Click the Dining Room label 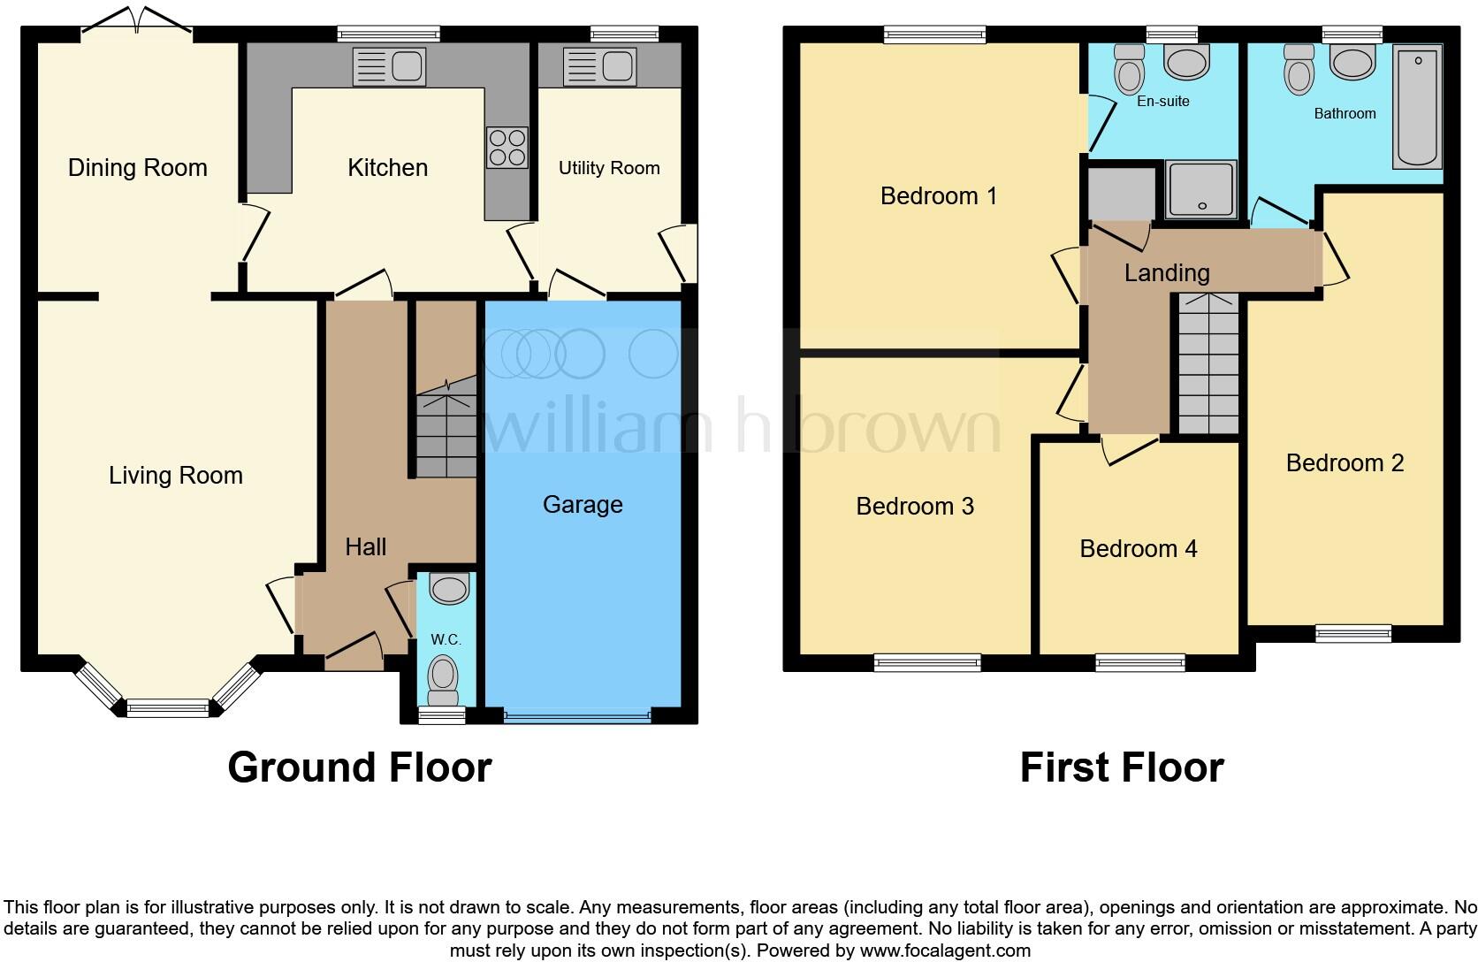pos(137,168)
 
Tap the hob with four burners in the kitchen pos(507,148)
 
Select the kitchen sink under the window pos(389,66)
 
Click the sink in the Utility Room pos(599,66)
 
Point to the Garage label pos(583,505)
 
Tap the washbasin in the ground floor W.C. pos(449,589)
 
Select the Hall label pos(365,547)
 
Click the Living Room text pos(175,476)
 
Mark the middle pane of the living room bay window pos(167,707)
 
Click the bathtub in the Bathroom pos(1417,107)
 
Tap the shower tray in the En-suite pos(1200,189)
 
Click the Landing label pos(1166,273)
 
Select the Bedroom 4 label pos(1138,549)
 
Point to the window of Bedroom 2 pos(1352,632)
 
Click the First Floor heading pos(1121,767)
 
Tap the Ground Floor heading pos(359,767)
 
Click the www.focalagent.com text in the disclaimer pos(944,951)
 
